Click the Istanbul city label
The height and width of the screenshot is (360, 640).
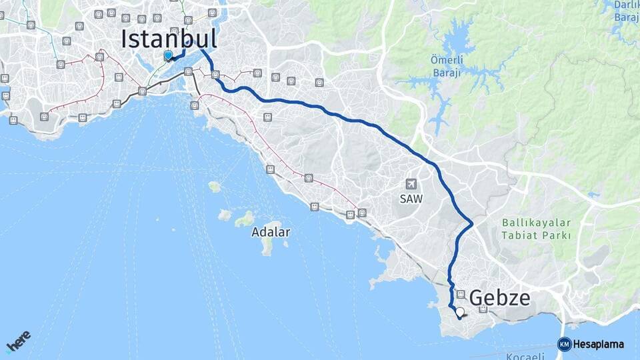tap(169, 39)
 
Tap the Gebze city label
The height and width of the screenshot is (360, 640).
tap(501, 298)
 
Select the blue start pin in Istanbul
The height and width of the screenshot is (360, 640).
tap(168, 55)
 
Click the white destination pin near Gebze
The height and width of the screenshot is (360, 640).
tap(459, 311)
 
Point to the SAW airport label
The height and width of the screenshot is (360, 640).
tap(411, 199)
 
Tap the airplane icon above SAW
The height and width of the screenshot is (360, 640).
tap(411, 183)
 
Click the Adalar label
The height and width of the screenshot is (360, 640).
tap(271, 233)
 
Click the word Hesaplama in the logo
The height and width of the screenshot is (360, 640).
tap(598, 345)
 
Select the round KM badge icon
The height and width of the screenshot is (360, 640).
tap(564, 344)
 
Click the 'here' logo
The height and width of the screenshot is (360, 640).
tap(19, 341)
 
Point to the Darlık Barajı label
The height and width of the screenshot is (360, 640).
tap(627, 11)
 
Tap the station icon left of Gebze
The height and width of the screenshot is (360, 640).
tap(461, 294)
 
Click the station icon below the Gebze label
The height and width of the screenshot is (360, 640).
tap(483, 309)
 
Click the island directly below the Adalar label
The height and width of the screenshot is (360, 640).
tap(267, 247)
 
